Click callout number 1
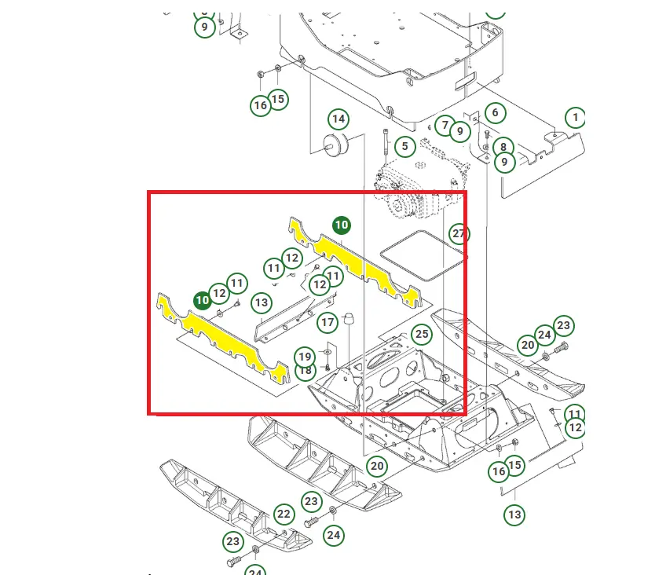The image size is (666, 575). (575, 117)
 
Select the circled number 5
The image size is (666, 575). (404, 147)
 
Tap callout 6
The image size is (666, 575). (495, 112)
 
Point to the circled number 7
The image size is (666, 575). (445, 125)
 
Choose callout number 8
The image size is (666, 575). (503, 147)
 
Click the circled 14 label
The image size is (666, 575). (338, 119)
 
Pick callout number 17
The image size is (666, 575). (328, 322)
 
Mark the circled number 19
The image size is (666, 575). (305, 357)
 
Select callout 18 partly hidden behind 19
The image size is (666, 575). (306, 372)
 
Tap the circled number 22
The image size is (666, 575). (284, 515)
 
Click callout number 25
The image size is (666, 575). (422, 334)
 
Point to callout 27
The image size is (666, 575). (459, 233)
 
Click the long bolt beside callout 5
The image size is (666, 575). (386, 145)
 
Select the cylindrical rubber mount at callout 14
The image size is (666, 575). (336, 145)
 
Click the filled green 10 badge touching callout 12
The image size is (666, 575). (202, 301)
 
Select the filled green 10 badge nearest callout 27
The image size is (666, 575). (342, 225)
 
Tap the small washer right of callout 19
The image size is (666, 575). (328, 352)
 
